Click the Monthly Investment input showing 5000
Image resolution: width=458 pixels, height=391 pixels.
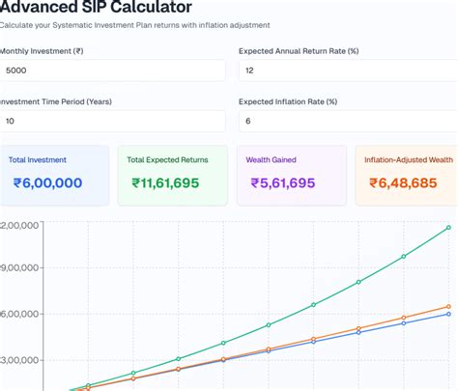pyautogui.click(x=112, y=70)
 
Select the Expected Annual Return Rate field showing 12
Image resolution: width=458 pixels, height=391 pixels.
pyautogui.click(x=347, y=70)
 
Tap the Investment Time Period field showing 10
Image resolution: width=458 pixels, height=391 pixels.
pyautogui.click(x=112, y=121)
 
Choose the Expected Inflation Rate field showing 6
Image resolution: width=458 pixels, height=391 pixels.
pyautogui.click(x=347, y=121)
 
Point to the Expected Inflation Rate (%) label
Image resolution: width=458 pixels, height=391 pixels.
pyautogui.click(x=287, y=101)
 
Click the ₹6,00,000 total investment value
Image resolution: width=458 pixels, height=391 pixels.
pyautogui.click(x=48, y=182)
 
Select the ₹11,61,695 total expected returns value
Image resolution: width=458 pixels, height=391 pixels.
pyautogui.click(x=172, y=182)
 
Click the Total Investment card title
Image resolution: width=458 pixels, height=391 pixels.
pyautogui.click(x=38, y=159)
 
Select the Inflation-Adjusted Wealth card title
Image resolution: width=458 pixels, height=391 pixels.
pyautogui.click(x=409, y=159)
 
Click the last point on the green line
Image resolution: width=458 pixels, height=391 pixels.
pyautogui.click(x=448, y=228)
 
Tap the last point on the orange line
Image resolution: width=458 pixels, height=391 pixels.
pyautogui.click(x=448, y=307)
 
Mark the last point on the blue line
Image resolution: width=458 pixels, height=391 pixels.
pyautogui.click(x=448, y=315)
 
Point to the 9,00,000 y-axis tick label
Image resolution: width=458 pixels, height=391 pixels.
pyautogui.click(x=19, y=268)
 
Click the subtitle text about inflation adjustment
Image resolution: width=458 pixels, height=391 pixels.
pyautogui.click(x=135, y=24)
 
